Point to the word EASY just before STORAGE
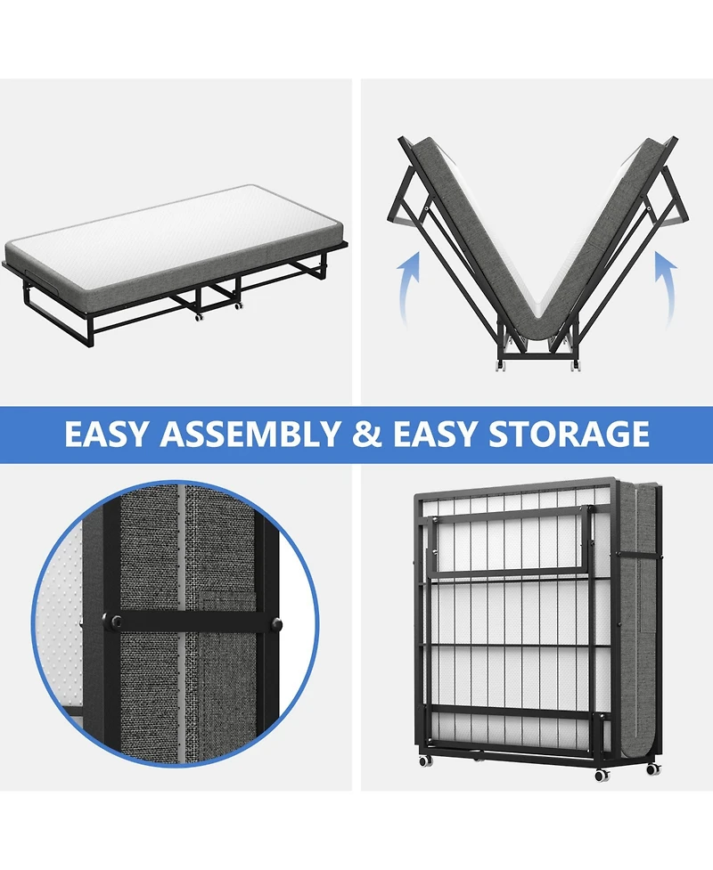tap(435, 434)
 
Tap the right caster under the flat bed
tap(239, 306)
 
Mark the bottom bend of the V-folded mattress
tap(537, 331)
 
